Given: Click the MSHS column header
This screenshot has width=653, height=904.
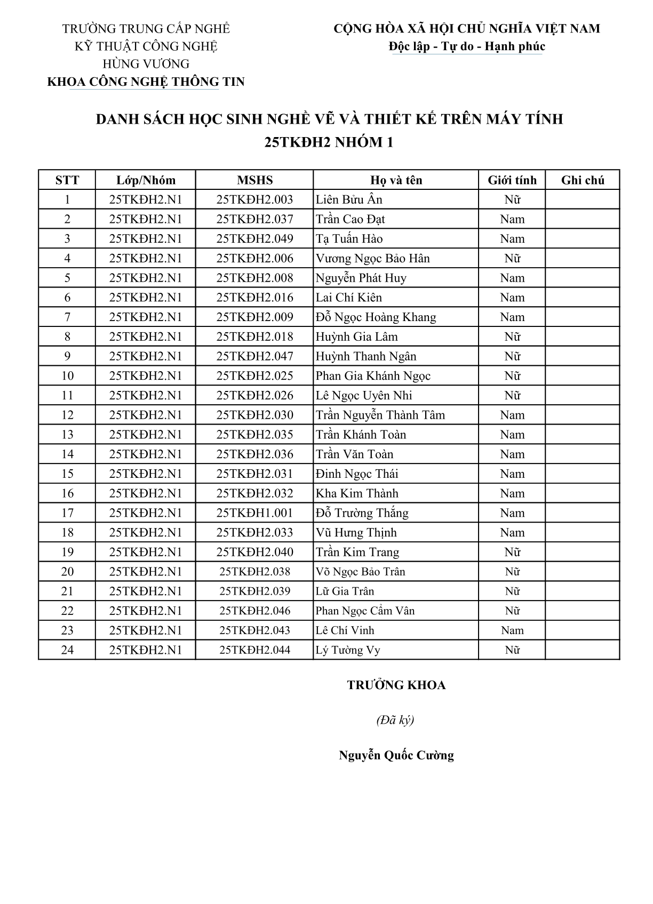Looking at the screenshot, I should (254, 180).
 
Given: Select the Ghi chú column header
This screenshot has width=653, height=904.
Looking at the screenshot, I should (583, 180).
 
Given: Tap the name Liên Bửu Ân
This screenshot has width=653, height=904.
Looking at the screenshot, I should (349, 200).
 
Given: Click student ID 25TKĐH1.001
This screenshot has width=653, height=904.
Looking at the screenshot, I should (254, 513).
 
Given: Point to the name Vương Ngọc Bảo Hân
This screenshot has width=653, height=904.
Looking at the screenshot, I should (372, 259).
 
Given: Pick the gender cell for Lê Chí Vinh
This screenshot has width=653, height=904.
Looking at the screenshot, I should (512, 630).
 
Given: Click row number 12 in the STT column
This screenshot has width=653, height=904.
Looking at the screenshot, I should (67, 415).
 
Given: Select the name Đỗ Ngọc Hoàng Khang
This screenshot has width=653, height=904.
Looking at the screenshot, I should (376, 317).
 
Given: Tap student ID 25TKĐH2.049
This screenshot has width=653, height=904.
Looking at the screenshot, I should (254, 239).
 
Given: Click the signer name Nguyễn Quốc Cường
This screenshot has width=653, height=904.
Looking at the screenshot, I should (396, 756).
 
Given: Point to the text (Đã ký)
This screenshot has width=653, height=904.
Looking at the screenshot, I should (395, 721).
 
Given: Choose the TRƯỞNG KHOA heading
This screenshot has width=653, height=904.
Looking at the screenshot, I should (396, 685).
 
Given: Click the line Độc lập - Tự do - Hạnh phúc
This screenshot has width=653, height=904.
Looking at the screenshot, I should (467, 46).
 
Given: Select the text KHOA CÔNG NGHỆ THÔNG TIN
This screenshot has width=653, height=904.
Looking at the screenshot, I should (146, 82).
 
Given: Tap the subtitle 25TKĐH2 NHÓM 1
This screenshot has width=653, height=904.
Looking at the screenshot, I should (329, 142).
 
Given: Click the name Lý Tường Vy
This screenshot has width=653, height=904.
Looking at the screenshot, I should (348, 650).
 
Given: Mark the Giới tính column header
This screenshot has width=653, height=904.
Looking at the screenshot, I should (512, 180).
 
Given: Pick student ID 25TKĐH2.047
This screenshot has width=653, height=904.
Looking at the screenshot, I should (254, 356).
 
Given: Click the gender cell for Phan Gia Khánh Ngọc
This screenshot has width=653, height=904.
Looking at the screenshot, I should (512, 376).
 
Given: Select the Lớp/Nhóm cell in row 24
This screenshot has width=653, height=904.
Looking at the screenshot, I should (146, 650).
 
